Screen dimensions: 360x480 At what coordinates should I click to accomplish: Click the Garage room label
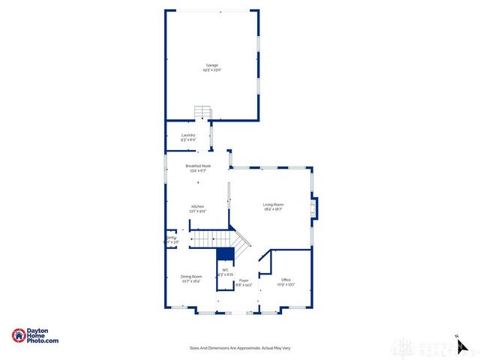click(x=212, y=65)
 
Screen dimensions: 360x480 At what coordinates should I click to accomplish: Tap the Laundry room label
click(x=188, y=136)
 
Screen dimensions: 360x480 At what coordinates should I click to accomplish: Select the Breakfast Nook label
click(x=198, y=166)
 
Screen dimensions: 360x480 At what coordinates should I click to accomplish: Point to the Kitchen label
click(x=197, y=206)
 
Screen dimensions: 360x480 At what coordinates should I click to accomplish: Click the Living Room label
click(x=273, y=205)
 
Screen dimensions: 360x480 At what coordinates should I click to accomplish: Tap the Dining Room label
click(x=191, y=277)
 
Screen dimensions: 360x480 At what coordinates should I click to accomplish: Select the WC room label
click(x=225, y=270)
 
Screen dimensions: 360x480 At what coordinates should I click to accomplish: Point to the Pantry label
click(x=171, y=238)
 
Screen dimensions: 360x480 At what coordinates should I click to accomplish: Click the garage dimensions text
click(x=212, y=70)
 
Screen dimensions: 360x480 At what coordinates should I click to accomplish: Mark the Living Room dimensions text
click(x=273, y=209)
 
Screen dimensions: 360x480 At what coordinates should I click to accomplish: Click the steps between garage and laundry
click(x=202, y=112)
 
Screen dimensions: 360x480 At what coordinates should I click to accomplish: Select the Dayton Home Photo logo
click(x=35, y=336)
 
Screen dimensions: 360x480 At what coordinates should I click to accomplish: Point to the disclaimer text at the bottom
click(x=239, y=348)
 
